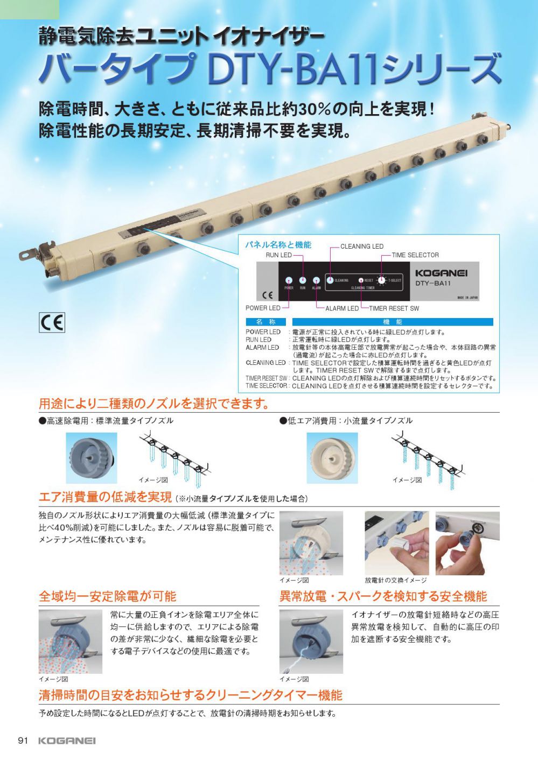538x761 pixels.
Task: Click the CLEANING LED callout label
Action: coord(362,246)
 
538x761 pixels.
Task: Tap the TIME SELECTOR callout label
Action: coord(415,255)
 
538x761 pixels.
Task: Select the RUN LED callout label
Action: coord(278,255)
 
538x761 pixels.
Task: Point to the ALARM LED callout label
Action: coord(342,308)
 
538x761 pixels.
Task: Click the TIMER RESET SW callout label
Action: coord(394,308)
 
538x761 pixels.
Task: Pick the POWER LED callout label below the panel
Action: coord(263,308)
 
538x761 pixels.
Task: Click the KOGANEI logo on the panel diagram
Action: coord(441,273)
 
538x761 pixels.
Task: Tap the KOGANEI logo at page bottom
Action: coord(67,741)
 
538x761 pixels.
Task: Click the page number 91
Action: coord(23,741)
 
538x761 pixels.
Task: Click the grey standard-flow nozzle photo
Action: coord(91,457)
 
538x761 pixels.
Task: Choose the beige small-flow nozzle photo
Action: coord(332,457)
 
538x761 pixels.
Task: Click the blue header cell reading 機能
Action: coord(393,322)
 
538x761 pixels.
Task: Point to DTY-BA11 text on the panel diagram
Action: coord(433,284)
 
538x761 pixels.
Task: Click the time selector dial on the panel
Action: coord(381,280)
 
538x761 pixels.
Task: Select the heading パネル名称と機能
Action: coord(278,245)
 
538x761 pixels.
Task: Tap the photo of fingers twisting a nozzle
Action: coord(467,543)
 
